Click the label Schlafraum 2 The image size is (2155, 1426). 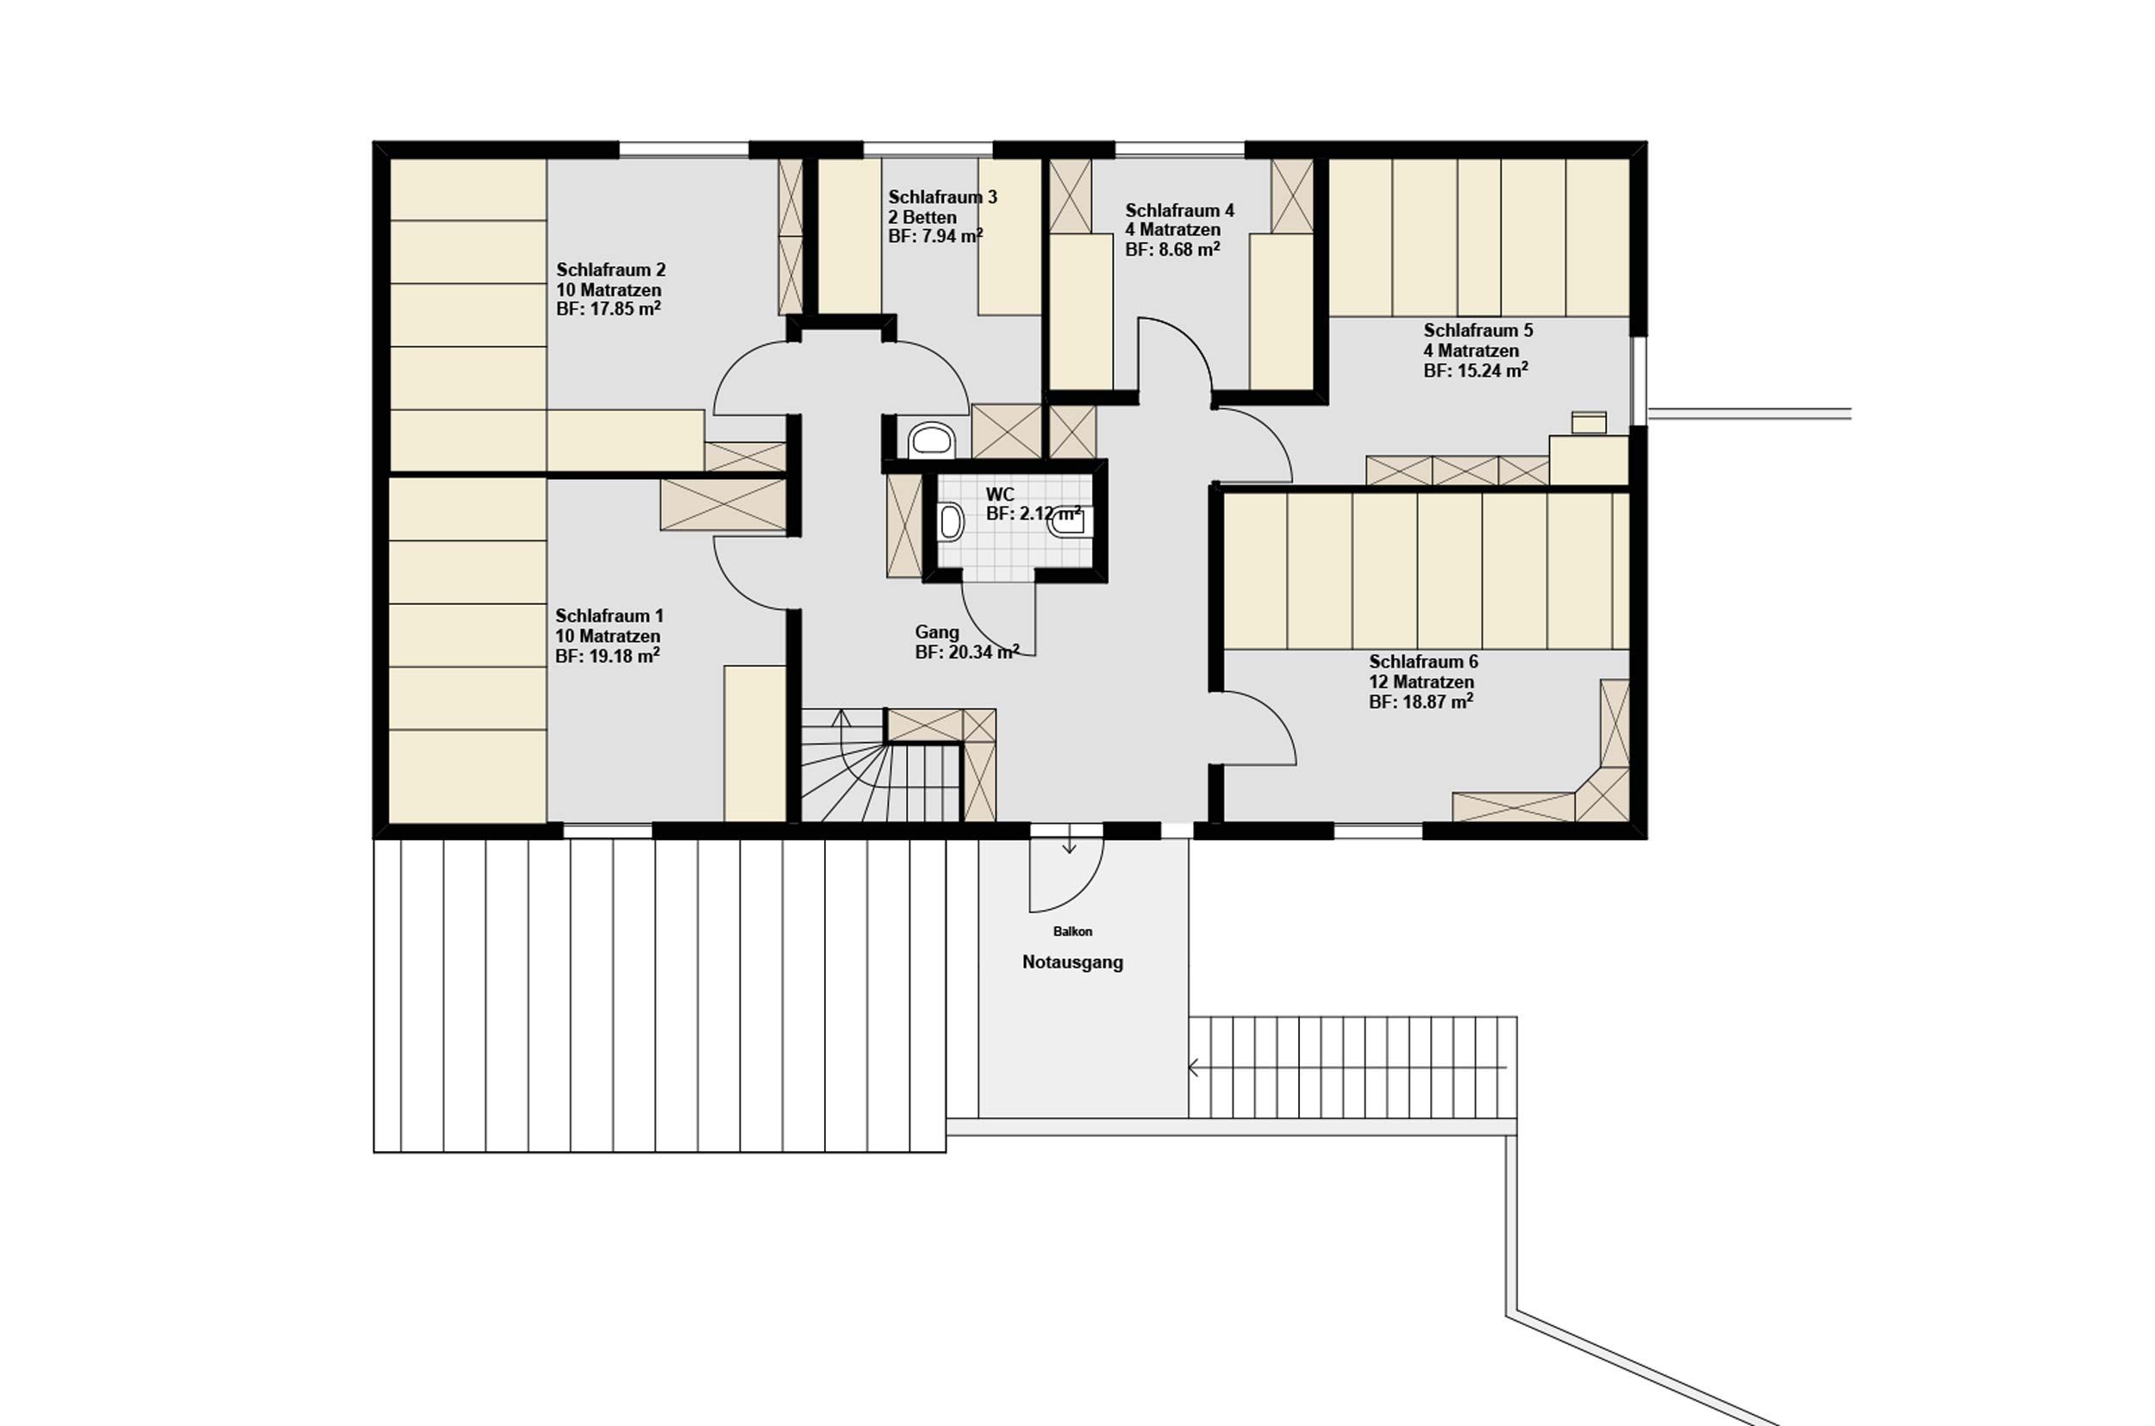pyautogui.click(x=610, y=270)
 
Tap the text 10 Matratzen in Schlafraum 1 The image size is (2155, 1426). pyautogui.click(x=608, y=636)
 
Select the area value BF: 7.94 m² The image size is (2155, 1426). pyautogui.click(x=935, y=236)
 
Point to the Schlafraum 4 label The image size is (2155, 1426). pyautogui.click(x=1179, y=210)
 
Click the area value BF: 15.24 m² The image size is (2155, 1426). pyautogui.click(x=1476, y=371)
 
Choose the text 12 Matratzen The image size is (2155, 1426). pyautogui.click(x=1421, y=682)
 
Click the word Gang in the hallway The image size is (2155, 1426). pyautogui.click(x=937, y=632)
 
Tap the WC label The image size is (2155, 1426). pyautogui.click(x=1000, y=495)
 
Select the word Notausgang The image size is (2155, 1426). pyautogui.click(x=1072, y=962)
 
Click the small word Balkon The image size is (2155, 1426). pyautogui.click(x=1072, y=931)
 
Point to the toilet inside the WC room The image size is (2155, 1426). pyautogui.click(x=951, y=523)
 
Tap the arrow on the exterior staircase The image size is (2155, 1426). pyautogui.click(x=1347, y=1068)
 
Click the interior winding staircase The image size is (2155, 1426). pyautogui.click(x=881, y=766)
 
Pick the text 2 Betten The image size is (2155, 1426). pyautogui.click(x=922, y=217)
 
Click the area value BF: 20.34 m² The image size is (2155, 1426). pyautogui.click(x=967, y=652)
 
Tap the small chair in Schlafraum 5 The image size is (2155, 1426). pyautogui.click(x=1590, y=422)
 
